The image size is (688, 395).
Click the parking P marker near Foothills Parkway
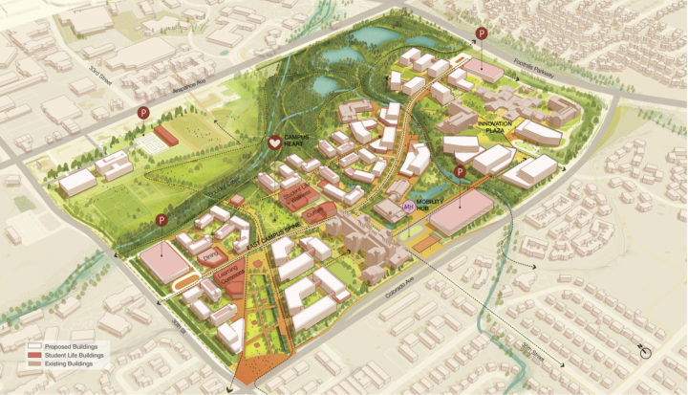point(482,35)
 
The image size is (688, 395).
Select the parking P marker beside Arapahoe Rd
point(143,113)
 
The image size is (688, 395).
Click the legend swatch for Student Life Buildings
point(37,355)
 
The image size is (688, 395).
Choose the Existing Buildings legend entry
point(75,364)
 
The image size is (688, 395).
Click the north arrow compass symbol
point(646,351)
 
